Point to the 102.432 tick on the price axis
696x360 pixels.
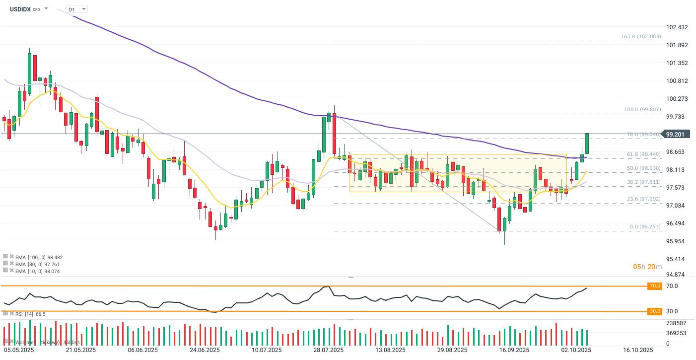click(x=678, y=27)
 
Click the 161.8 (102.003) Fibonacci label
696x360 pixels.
click(x=641, y=37)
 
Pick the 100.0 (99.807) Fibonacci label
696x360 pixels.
click(x=642, y=110)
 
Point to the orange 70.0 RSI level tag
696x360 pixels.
click(x=655, y=286)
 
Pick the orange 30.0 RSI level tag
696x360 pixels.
click(x=655, y=311)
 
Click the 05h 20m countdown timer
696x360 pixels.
click(x=647, y=267)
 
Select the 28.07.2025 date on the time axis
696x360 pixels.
click(x=329, y=350)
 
